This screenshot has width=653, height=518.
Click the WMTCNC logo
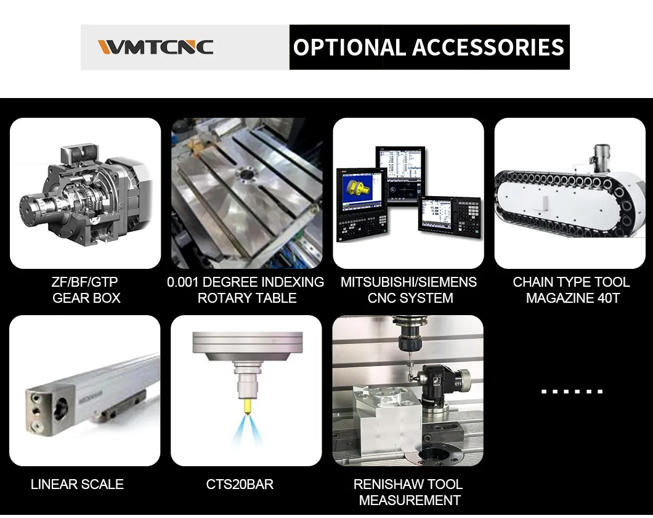pyautogui.click(x=155, y=47)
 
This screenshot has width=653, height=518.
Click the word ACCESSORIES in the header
pyautogui.click(x=488, y=47)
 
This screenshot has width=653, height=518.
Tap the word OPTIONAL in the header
pyautogui.click(x=349, y=47)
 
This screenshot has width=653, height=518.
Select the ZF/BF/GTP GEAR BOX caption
pyautogui.click(x=86, y=290)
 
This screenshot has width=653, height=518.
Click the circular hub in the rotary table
pyautogui.click(x=246, y=176)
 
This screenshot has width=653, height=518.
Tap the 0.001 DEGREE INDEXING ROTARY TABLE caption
pyautogui.click(x=246, y=290)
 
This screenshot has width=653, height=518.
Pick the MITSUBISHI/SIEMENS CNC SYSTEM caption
pyautogui.click(x=409, y=290)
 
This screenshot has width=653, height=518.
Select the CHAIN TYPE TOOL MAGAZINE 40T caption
pyautogui.click(x=572, y=290)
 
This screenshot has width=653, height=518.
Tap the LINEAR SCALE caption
pyautogui.click(x=77, y=484)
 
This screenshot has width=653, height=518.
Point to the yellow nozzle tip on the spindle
pyautogui.click(x=248, y=406)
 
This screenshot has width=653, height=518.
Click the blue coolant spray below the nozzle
pyautogui.click(x=248, y=429)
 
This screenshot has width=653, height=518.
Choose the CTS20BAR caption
pyautogui.click(x=240, y=484)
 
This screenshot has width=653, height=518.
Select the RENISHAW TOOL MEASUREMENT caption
pyautogui.click(x=408, y=492)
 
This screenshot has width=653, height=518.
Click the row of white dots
pyautogui.click(x=572, y=392)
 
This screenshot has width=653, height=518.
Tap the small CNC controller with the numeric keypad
pyautogui.click(x=449, y=217)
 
